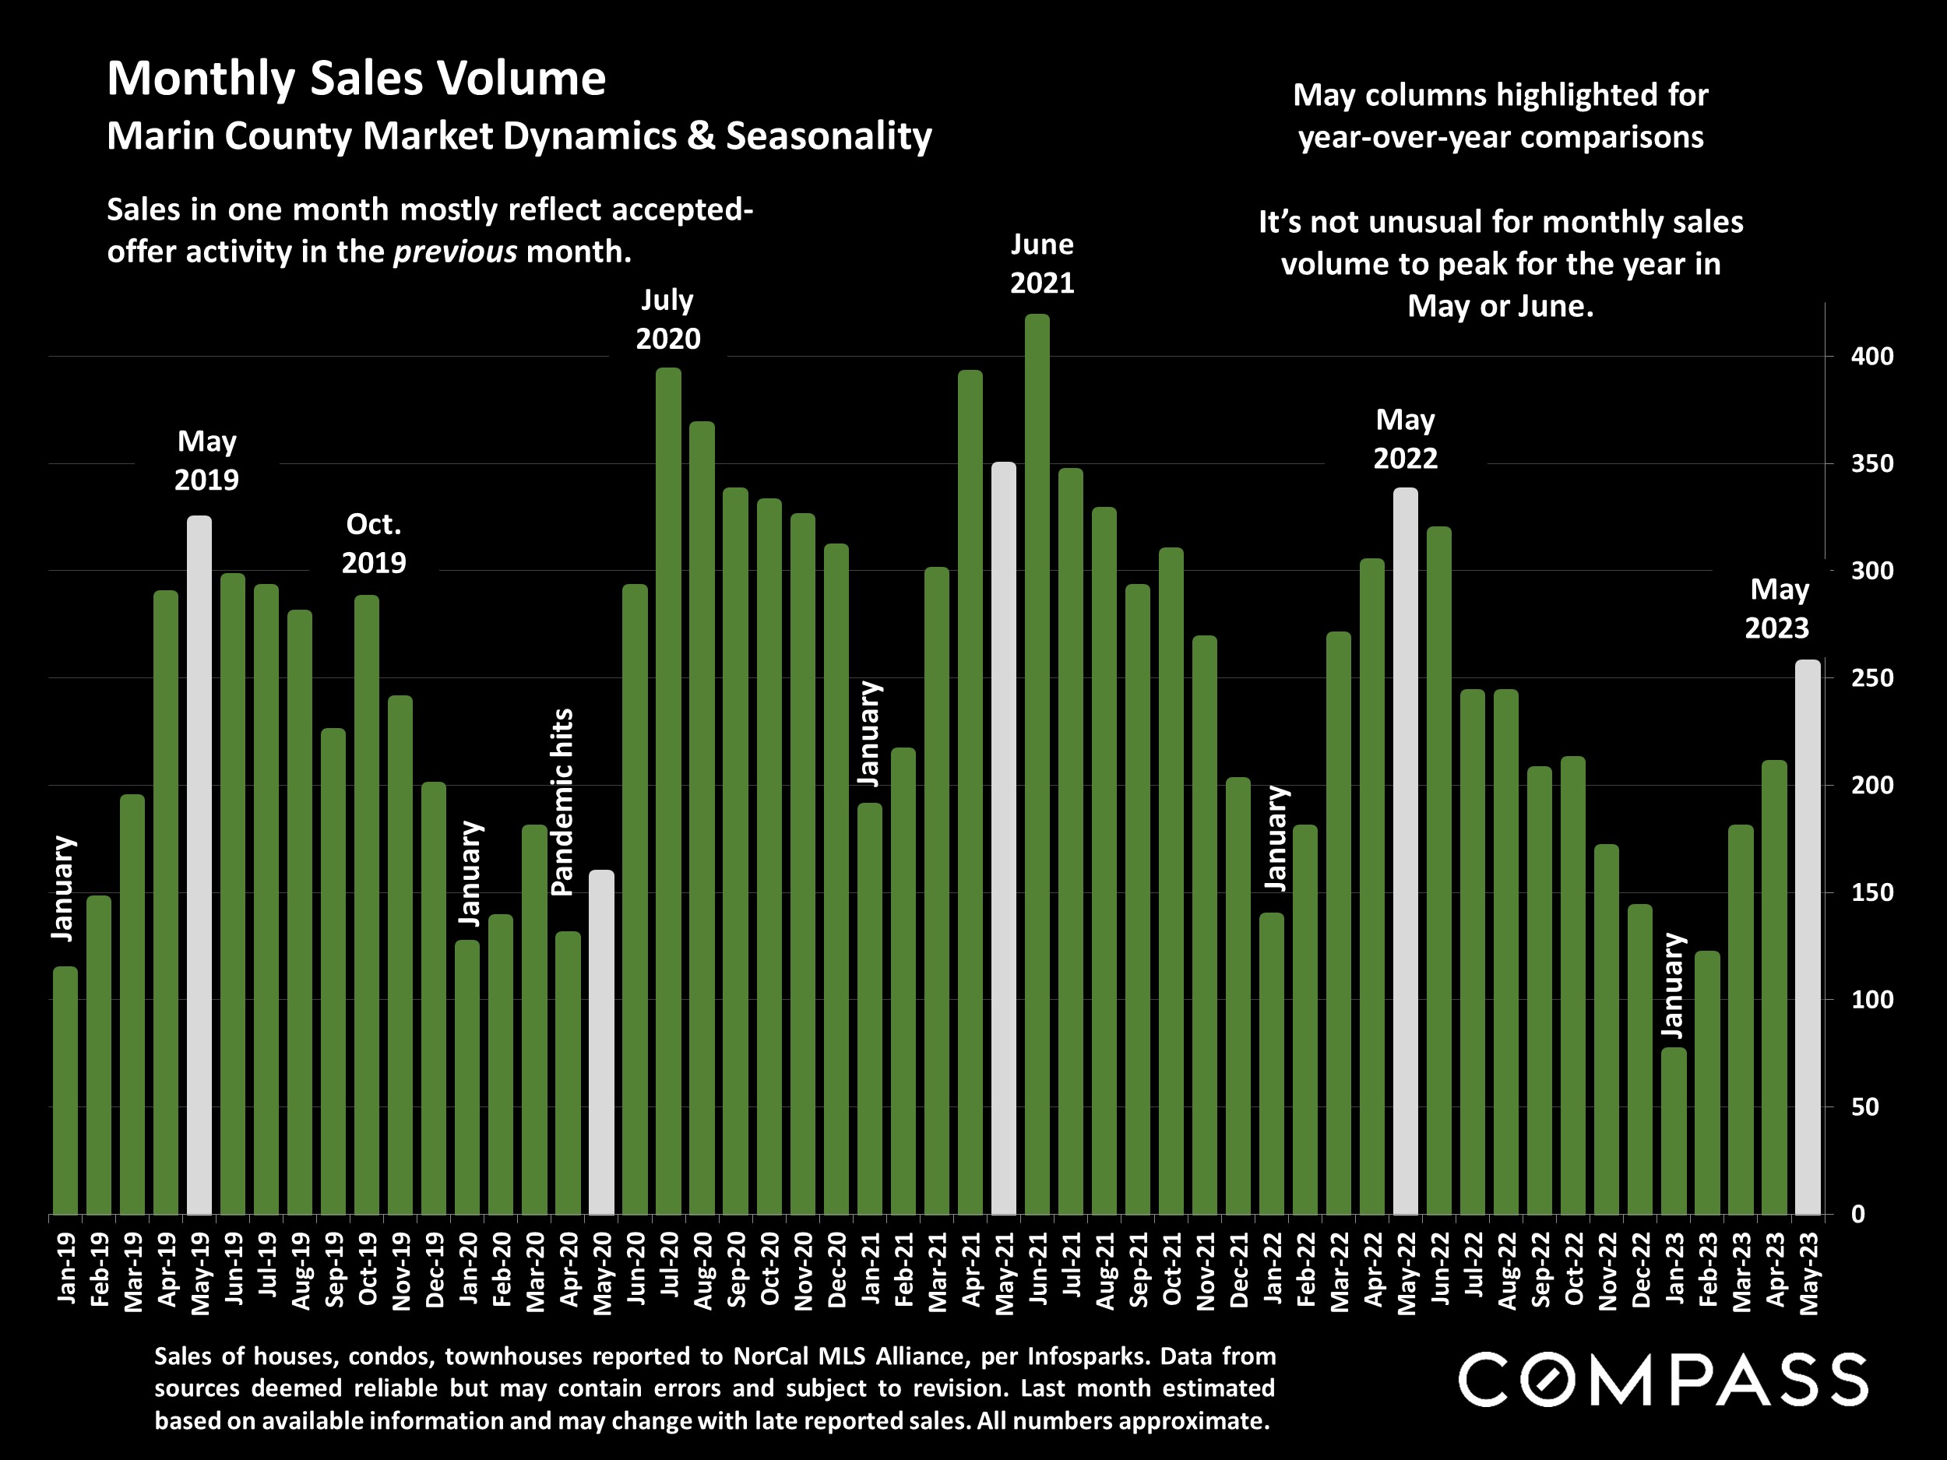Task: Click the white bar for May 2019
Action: [x=199, y=863]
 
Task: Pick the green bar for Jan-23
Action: [x=1674, y=1130]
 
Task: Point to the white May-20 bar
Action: [x=601, y=1042]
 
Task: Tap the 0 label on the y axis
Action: [x=1858, y=1215]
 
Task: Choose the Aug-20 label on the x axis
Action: [x=702, y=1271]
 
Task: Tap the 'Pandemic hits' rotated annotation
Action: [x=562, y=802]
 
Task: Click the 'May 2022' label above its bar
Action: [x=1405, y=438]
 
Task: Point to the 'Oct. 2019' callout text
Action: [x=373, y=543]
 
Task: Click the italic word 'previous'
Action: [x=455, y=252]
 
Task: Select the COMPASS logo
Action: [x=1663, y=1380]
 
